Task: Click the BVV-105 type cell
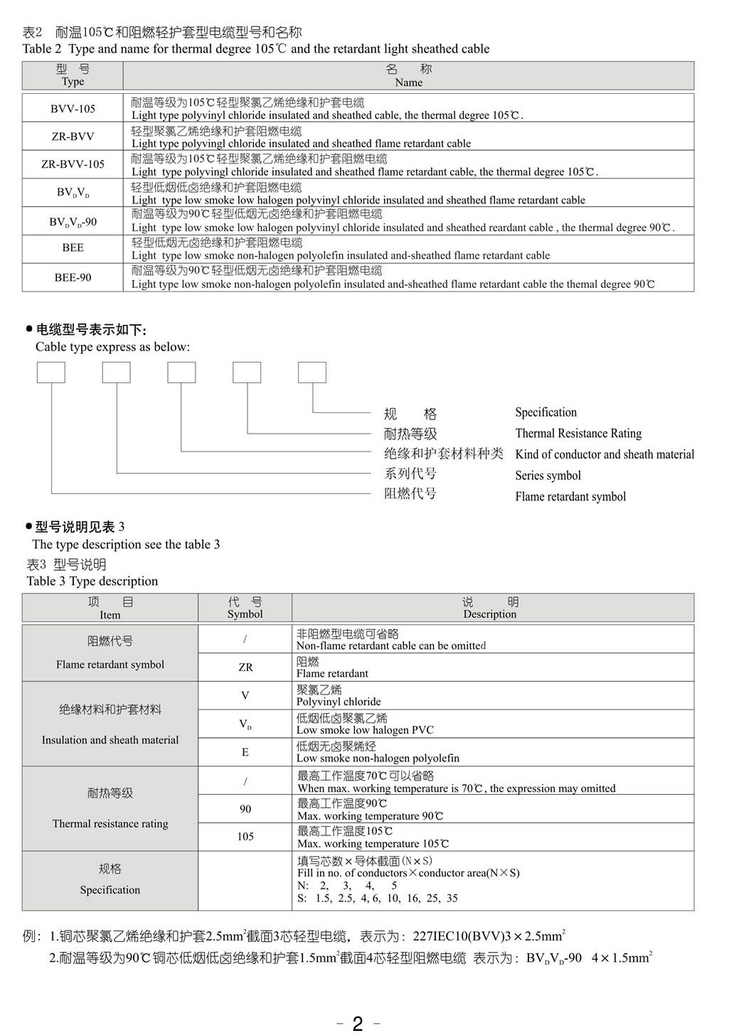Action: (73, 109)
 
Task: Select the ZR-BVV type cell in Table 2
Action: (73, 137)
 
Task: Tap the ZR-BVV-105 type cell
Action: (73, 164)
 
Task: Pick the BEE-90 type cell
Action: (73, 277)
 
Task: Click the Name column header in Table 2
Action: (408, 75)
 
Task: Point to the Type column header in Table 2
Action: (73, 75)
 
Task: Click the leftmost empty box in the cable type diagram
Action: (51, 373)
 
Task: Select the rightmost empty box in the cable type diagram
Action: (312, 373)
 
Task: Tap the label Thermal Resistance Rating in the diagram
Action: (578, 434)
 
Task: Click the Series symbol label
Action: (548, 476)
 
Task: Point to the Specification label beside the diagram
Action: (546, 412)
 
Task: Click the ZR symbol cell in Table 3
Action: (245, 668)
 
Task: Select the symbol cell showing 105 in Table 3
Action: (245, 837)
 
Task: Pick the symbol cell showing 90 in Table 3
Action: (245, 809)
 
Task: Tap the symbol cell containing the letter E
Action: (245, 752)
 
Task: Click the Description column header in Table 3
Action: (490, 608)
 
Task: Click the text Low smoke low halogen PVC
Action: (365, 730)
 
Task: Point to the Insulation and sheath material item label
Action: (110, 740)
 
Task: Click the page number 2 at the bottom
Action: (358, 1023)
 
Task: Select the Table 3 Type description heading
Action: (92, 582)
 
